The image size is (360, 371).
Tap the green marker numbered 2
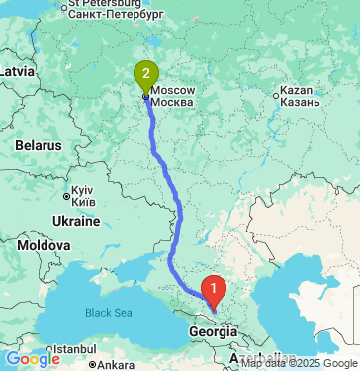[146, 74]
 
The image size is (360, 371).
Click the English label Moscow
[173, 90]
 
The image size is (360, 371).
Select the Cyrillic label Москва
[174, 103]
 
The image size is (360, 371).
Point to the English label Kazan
[297, 90]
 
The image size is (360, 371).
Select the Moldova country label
[44, 244]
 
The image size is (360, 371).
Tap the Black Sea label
[107, 313]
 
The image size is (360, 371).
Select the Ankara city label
[115, 364]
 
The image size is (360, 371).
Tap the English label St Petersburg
[107, 4]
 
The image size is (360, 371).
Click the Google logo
[31, 359]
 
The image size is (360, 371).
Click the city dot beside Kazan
[277, 95]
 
